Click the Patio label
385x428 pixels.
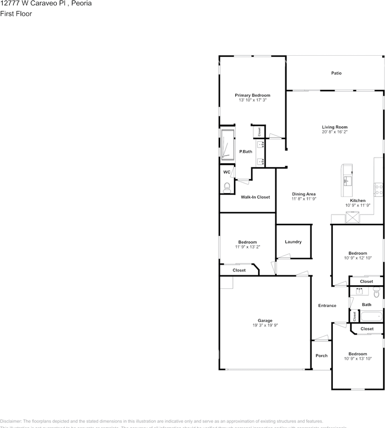point(336,73)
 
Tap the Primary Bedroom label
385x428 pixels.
point(253,95)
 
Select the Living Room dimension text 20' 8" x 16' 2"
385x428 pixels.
point(335,132)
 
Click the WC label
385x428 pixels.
point(227,172)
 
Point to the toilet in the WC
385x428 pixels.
point(226,187)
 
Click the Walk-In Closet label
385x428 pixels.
point(255,197)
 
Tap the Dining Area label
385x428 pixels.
point(304,194)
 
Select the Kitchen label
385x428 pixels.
point(357,201)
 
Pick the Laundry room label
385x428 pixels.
point(293,242)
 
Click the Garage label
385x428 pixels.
point(265,321)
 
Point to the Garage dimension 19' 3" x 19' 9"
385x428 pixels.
point(265,325)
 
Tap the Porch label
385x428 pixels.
point(321,356)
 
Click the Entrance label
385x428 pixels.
point(327,305)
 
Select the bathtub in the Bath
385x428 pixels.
point(371,317)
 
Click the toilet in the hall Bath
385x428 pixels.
point(376,293)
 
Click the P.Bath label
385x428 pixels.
point(246,152)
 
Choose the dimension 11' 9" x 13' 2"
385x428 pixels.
point(247,247)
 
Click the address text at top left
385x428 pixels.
point(46,3)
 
